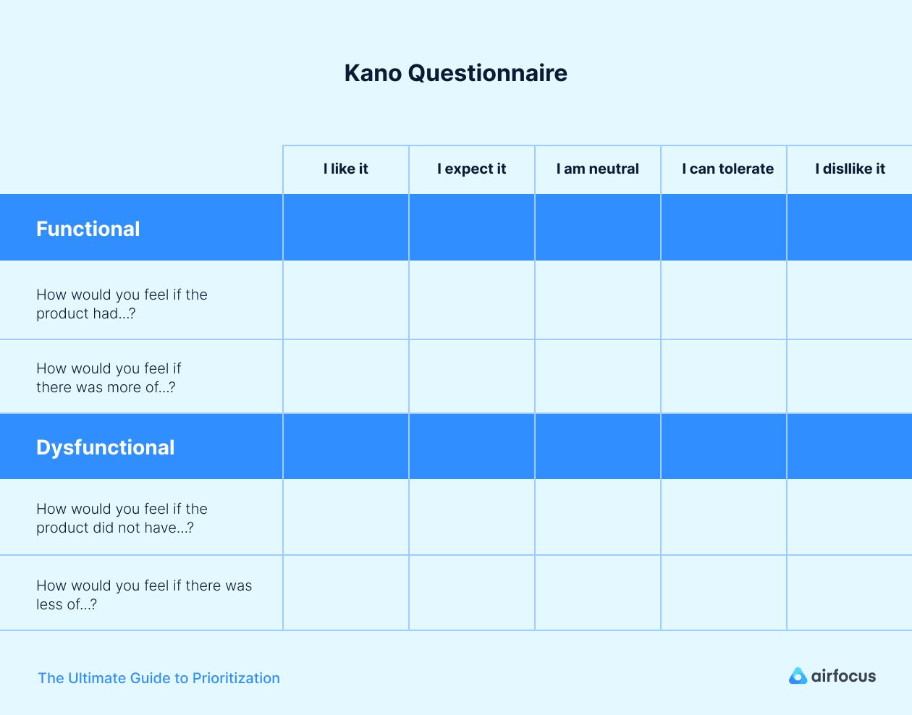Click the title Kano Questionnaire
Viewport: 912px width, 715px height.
tap(455, 73)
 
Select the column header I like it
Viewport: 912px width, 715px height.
tap(345, 169)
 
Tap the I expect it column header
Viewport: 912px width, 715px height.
tap(471, 169)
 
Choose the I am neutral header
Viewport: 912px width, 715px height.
tap(597, 169)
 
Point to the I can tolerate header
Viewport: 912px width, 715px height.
tap(727, 169)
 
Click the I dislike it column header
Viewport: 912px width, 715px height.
tap(850, 169)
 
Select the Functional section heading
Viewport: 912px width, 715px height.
tap(88, 229)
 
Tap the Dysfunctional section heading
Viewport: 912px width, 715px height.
tap(106, 447)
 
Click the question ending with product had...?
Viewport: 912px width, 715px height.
tap(122, 304)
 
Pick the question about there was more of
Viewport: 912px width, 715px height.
tap(109, 378)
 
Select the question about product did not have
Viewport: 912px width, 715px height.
tap(122, 518)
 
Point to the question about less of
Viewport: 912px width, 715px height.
tap(144, 595)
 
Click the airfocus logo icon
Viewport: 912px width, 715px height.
tap(798, 676)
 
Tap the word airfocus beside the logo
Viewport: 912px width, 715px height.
tap(843, 676)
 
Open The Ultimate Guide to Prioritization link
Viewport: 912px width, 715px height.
tap(159, 678)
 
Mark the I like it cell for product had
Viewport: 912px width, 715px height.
tap(346, 300)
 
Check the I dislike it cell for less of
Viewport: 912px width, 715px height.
tap(849, 593)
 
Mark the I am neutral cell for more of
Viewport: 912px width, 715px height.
tap(598, 376)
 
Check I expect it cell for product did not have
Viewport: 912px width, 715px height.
tap(472, 517)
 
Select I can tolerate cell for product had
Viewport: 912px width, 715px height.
tap(724, 300)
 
